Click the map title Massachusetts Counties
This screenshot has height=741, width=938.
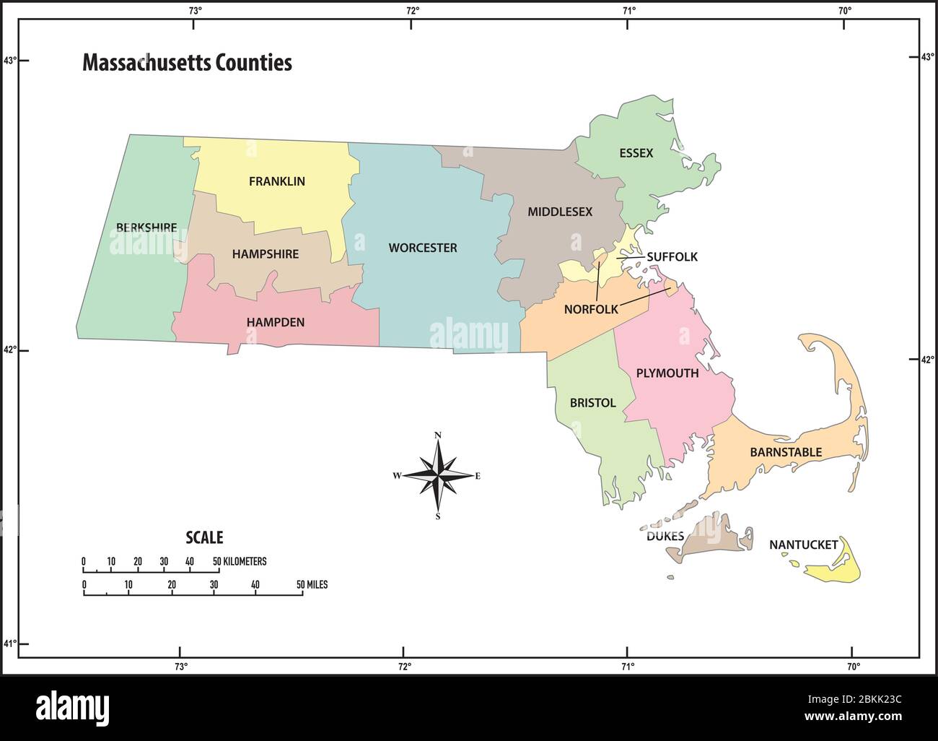pos(187,63)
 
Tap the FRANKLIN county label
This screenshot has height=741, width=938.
pos(276,181)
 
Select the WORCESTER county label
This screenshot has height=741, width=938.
pos(423,248)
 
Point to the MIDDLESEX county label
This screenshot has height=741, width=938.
pos(559,212)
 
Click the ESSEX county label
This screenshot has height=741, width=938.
pos(636,153)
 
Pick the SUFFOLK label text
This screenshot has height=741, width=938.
pos(672,256)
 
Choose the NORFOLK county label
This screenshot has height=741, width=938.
pos(591,309)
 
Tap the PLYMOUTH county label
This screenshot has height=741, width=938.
pos(667,373)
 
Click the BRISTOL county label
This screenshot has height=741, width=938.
pos(592,403)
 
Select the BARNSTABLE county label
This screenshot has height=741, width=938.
pos(786,452)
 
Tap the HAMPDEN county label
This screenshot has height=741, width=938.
pos(275,322)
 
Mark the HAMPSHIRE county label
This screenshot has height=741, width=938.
pos(265,254)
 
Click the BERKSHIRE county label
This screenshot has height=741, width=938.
pos(146,227)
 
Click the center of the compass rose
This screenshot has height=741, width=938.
pos(437,475)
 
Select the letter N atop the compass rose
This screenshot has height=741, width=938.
pos(437,435)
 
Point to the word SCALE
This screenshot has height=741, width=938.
pos(204,537)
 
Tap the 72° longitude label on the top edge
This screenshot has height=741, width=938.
pos(412,10)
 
